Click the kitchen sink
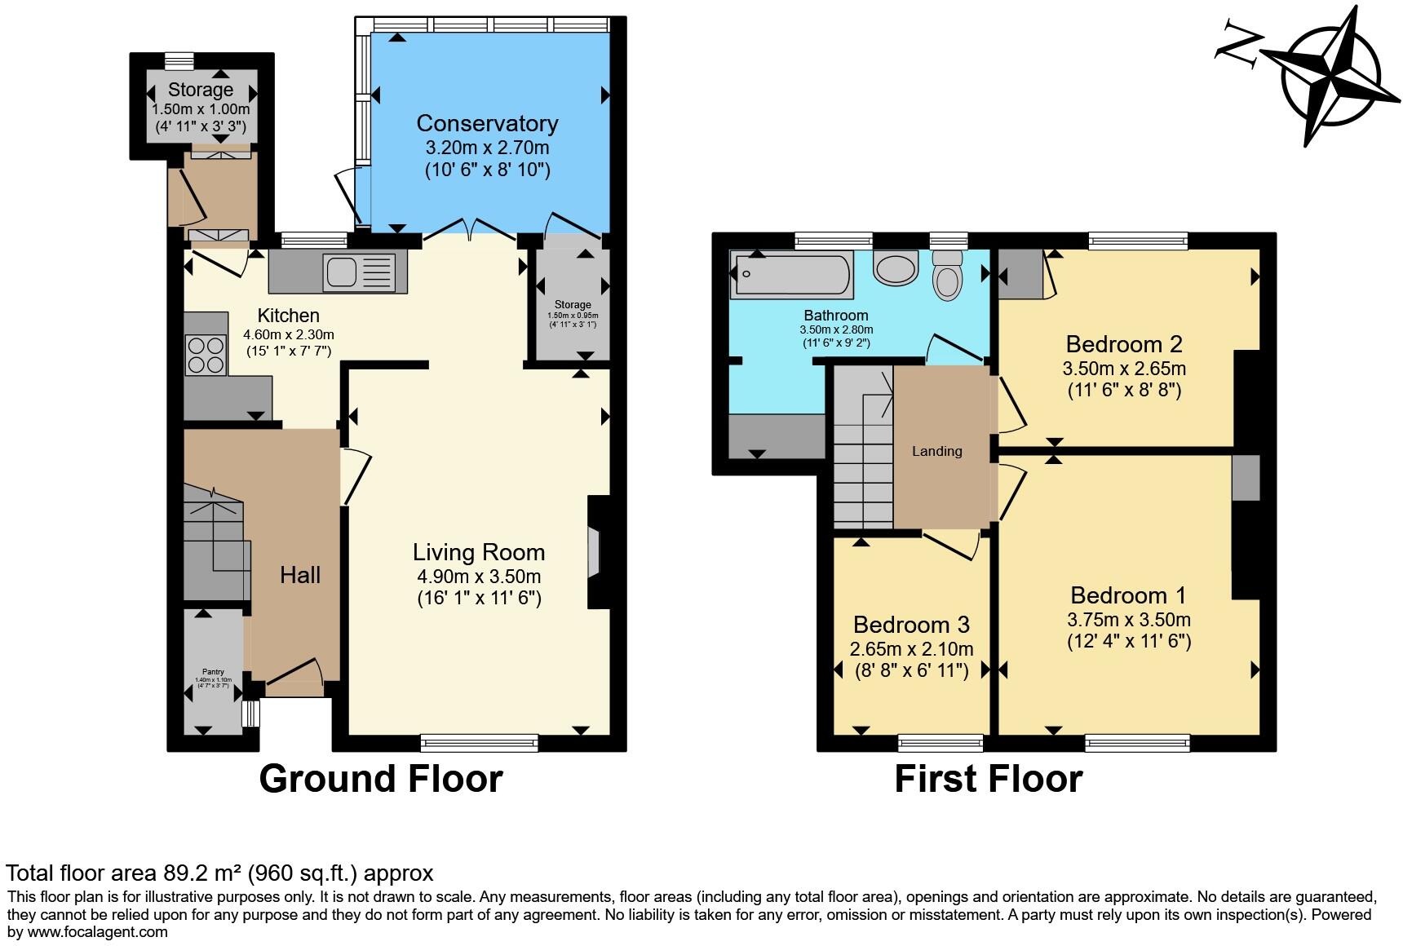359,272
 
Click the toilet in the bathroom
947,275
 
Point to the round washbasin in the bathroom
895,269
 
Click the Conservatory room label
487,123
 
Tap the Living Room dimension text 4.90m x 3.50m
479,576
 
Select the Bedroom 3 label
911,625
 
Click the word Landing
936,451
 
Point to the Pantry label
213,673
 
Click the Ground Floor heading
380,778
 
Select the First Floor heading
988,778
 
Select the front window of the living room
480,741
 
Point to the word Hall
300,575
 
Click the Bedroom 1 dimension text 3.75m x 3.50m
1128,619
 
